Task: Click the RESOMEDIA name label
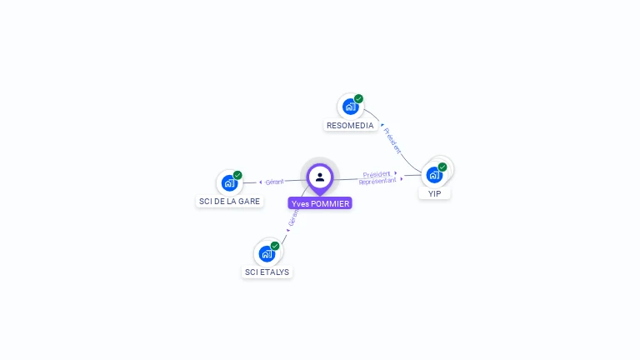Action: (x=350, y=126)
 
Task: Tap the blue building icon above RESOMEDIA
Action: (x=350, y=107)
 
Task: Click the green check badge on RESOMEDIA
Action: (x=359, y=99)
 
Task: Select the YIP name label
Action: (x=434, y=193)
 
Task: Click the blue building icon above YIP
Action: (x=434, y=175)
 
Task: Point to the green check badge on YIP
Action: (x=442, y=167)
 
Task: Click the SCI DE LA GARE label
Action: (x=229, y=202)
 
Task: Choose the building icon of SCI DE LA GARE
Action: (x=229, y=183)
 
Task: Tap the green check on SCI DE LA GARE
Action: (x=237, y=175)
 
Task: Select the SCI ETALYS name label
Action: (x=267, y=272)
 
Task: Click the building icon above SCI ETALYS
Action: (x=267, y=253)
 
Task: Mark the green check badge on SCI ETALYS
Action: (x=275, y=246)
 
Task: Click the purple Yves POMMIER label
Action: (x=320, y=203)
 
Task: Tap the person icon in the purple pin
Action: (x=320, y=177)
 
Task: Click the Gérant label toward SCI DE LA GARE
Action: (x=275, y=182)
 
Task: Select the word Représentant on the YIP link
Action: (x=377, y=181)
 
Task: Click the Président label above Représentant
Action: (x=377, y=174)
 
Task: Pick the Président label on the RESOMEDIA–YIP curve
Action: (x=392, y=140)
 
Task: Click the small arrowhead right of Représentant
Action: (x=402, y=179)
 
